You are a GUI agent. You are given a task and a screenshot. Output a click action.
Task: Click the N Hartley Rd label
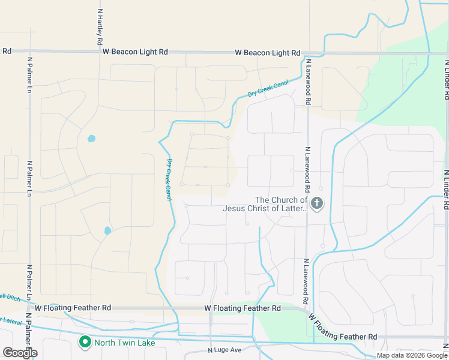100,28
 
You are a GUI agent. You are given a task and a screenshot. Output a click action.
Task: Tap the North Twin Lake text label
125,343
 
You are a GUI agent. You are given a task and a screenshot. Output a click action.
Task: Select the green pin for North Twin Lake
85,343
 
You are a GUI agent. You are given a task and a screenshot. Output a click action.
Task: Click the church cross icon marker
317,205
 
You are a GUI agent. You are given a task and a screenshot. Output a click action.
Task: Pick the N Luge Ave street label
224,350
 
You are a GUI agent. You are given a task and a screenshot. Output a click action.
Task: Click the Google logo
20,353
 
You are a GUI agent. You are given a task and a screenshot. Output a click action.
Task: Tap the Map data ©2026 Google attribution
412,355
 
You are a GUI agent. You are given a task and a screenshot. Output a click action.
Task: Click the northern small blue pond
91,139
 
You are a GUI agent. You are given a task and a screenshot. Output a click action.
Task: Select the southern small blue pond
107,230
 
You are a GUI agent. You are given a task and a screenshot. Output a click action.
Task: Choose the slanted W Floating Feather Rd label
343,327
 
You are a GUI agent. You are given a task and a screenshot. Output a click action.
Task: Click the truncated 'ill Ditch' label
10,296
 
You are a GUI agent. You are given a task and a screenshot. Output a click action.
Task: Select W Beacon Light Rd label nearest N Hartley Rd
135,52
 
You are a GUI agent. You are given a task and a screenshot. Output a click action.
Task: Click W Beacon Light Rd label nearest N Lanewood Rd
262,53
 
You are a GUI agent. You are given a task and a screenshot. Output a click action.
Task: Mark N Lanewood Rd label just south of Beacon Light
307,82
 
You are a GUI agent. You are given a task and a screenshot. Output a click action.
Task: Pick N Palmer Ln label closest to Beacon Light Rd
29,74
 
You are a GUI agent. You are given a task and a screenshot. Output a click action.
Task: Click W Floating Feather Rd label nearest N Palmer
73,307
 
